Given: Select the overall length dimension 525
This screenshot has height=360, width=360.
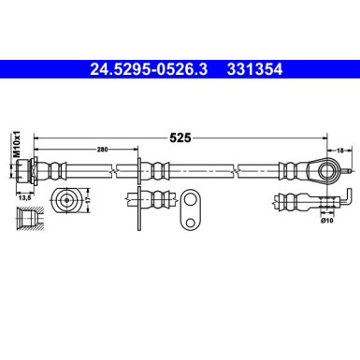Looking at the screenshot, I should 180,137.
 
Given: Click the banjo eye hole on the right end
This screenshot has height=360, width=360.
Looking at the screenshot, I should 327,171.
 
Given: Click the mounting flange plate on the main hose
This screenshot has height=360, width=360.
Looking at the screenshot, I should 141,171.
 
